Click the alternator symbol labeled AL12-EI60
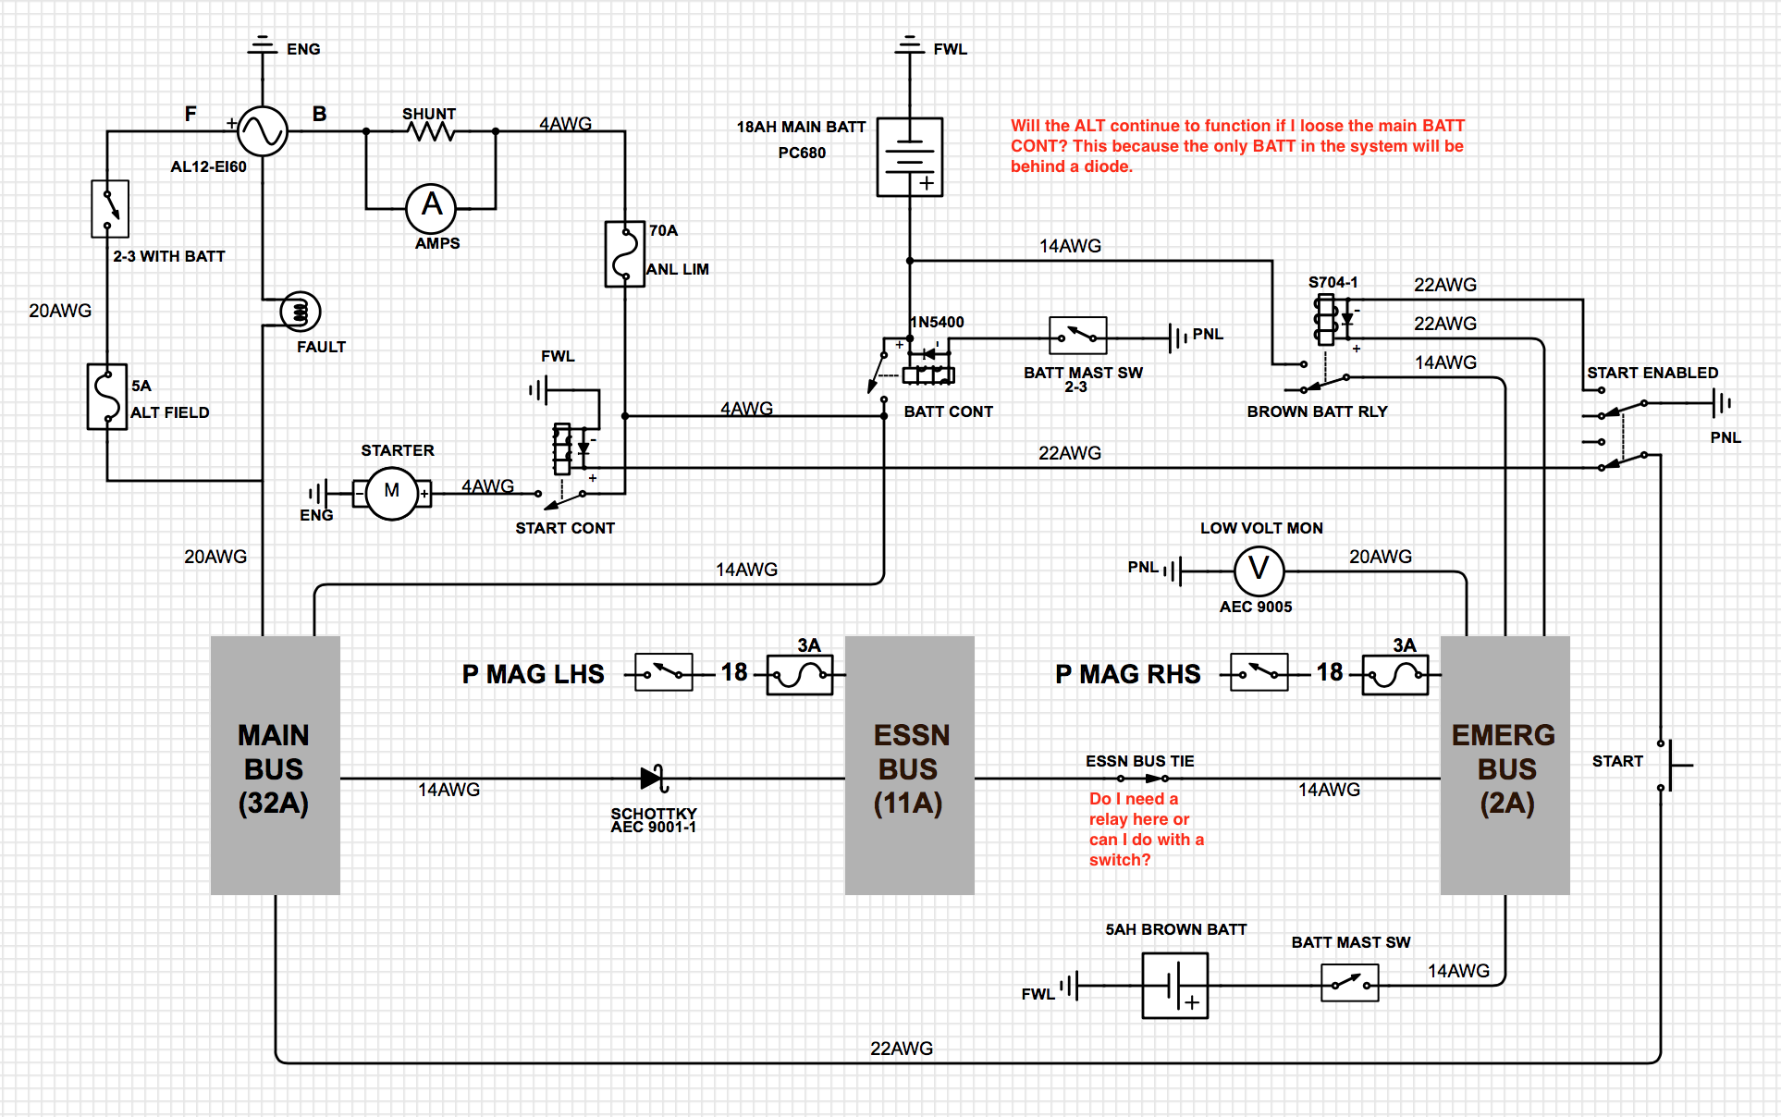pos(263,131)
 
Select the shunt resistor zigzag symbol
pos(431,132)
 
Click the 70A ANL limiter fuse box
pos(624,253)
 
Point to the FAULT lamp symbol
pos(300,312)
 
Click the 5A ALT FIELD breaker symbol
pos(107,396)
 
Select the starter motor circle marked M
pos(392,493)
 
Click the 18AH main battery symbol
pos(910,156)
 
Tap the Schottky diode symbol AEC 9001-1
pos(654,779)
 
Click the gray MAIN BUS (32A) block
pos(275,766)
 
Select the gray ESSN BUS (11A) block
pos(910,766)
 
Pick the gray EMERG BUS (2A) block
pos(1505,766)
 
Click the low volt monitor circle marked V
pos(1259,571)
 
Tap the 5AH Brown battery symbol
pos(1174,986)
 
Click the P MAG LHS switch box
pos(664,672)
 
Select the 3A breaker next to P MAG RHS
pos(1395,675)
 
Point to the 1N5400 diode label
pos(938,322)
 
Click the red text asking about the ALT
pos(1237,145)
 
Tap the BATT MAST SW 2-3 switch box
pos(1077,336)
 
